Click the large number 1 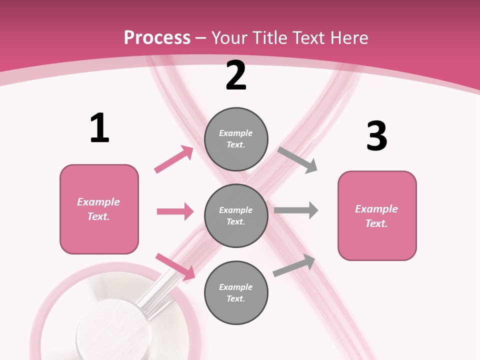99,128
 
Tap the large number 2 236,75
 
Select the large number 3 376,136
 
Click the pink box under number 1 99,209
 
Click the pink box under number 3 377,216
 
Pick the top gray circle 236,139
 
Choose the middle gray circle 236,215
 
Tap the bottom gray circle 236,292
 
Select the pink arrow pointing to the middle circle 175,211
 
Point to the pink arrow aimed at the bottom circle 175,266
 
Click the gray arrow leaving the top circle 298,160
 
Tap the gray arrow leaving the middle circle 296,210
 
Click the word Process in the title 157,37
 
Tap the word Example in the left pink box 98,202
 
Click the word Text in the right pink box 376,223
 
